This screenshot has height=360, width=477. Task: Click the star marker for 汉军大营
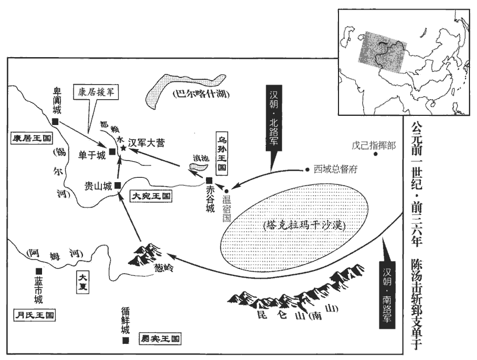(x=123, y=147)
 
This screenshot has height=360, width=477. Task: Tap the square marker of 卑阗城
(x=56, y=122)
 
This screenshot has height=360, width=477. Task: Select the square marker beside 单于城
(x=112, y=151)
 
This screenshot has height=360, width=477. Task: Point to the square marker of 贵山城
(x=117, y=185)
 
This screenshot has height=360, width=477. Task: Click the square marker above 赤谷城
(x=209, y=179)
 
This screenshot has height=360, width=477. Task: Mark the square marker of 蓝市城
(x=38, y=271)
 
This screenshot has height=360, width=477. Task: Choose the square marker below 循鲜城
(x=125, y=341)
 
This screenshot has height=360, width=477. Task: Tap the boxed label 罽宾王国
(x=160, y=339)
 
